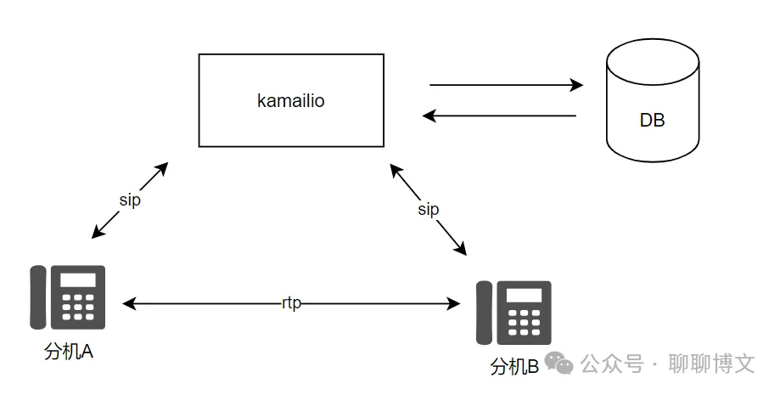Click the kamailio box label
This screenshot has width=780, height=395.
click(291, 100)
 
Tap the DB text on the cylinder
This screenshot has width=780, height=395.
click(652, 120)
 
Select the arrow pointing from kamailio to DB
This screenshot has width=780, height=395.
click(506, 85)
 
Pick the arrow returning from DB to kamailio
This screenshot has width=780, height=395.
click(499, 116)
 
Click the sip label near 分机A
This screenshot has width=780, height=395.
click(130, 200)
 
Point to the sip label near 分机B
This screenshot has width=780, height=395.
click(429, 209)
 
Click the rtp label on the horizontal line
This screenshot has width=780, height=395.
click(291, 303)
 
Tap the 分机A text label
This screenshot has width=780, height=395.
click(69, 352)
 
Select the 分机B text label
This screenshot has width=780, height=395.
click(514, 367)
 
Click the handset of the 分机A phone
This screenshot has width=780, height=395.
click(38, 297)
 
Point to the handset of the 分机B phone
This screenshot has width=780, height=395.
click(484, 313)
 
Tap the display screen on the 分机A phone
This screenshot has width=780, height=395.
click(78, 280)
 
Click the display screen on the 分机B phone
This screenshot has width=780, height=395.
click(525, 296)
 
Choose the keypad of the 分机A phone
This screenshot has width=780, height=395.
click(78, 307)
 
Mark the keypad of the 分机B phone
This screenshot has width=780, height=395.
click(525, 322)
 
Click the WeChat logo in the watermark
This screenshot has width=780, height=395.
click(558, 363)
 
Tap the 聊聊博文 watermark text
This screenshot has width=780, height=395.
click(712, 364)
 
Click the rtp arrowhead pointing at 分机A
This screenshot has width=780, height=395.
click(129, 303)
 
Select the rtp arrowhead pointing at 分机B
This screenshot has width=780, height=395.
click(454, 303)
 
